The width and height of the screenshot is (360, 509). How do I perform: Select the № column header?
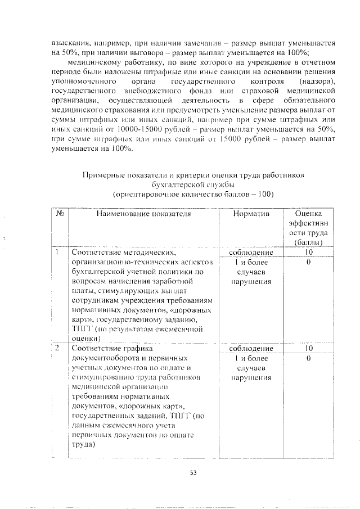(59, 214)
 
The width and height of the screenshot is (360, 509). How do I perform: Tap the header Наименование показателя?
(143, 214)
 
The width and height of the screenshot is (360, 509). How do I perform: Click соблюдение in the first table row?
(251, 253)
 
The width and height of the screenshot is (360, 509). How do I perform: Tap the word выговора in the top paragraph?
(130, 52)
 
